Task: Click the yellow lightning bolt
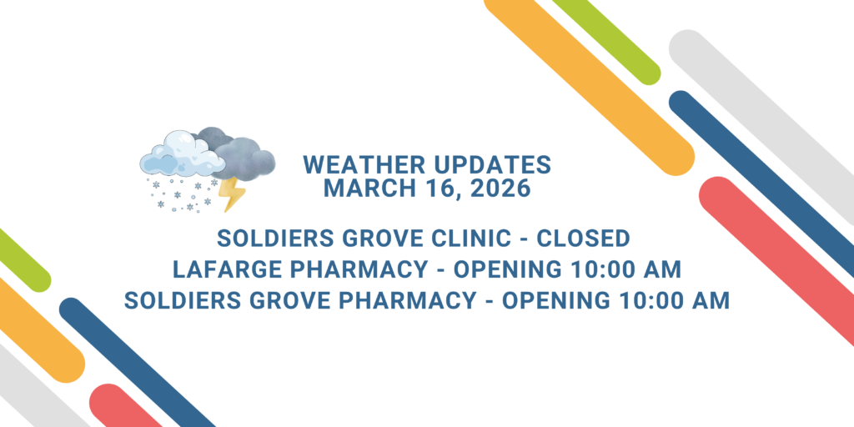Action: coord(232,193)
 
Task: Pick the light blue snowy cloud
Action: coord(182,153)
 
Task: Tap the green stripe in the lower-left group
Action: coord(22,259)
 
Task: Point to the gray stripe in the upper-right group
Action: coord(762,126)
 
